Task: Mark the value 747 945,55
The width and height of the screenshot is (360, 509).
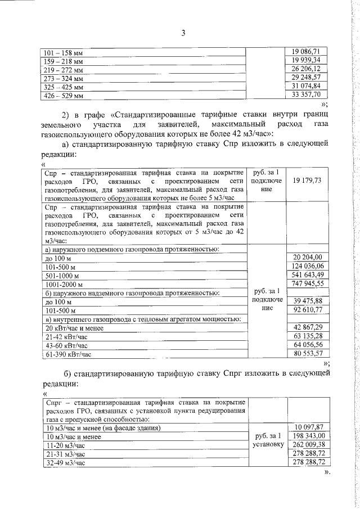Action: point(307,283)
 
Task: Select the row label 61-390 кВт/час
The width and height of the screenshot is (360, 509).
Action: point(66,354)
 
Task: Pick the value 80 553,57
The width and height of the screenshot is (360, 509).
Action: point(307,354)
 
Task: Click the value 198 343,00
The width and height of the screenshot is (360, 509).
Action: point(307,435)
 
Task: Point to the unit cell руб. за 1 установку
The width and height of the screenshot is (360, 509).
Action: point(267,440)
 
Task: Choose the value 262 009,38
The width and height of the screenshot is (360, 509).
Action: point(307,444)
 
